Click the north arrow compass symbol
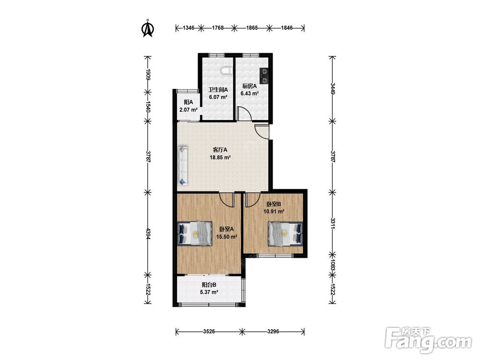click(x=147, y=28)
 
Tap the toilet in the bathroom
click(x=226, y=71)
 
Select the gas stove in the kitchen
click(x=264, y=76)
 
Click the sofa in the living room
click(x=183, y=166)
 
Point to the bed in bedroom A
click(x=195, y=233)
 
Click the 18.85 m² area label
click(x=220, y=157)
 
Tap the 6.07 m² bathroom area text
click(x=218, y=97)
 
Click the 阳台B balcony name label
click(x=209, y=285)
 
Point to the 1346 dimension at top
click(x=189, y=28)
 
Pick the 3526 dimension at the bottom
click(x=209, y=332)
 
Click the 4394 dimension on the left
click(x=148, y=234)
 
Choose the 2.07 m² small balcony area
click(x=188, y=109)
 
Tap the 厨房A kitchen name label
click(x=250, y=86)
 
